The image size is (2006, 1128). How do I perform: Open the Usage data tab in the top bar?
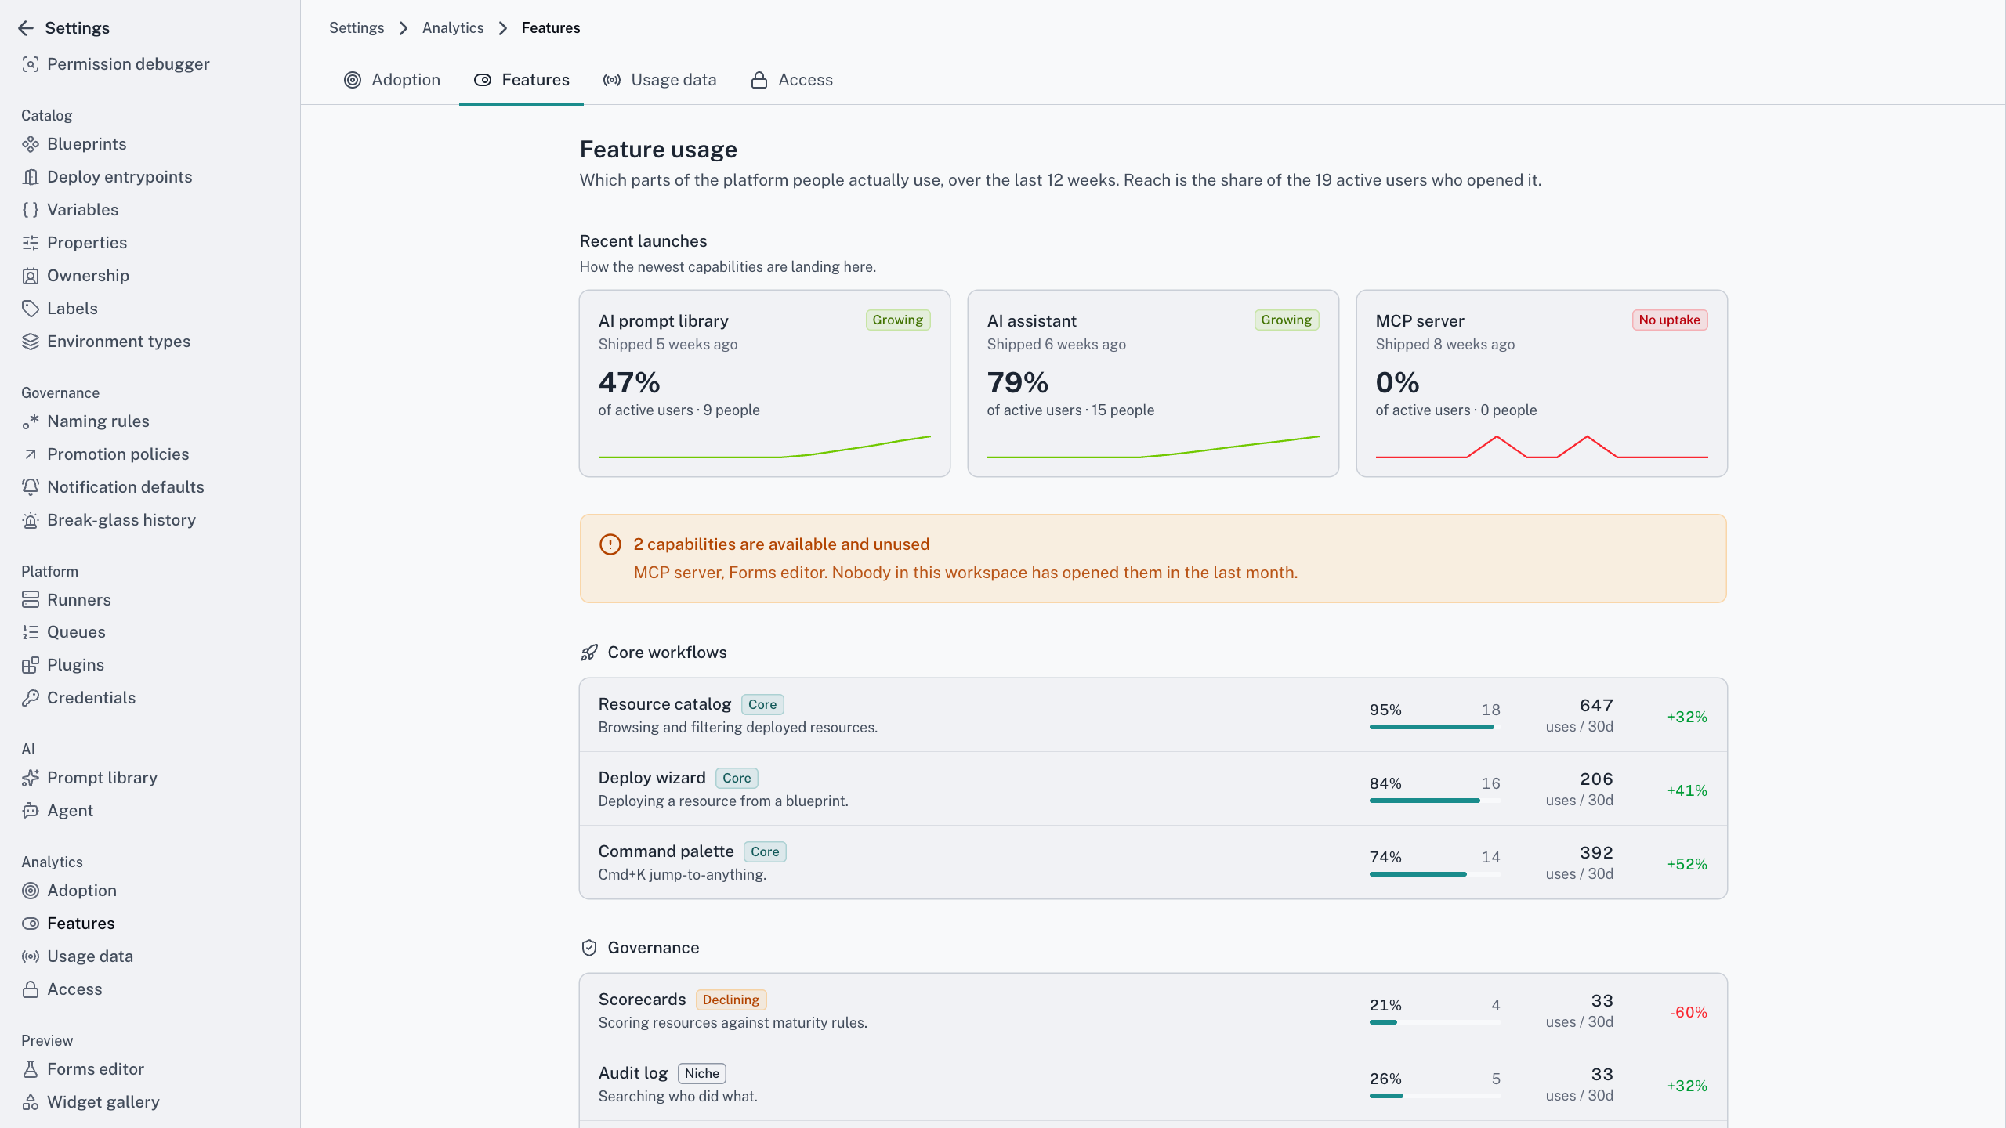659,80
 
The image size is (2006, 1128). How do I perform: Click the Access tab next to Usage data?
791,80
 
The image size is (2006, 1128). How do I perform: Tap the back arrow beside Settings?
26,28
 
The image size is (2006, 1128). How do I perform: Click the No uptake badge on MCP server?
1670,320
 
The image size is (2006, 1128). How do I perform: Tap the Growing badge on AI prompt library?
898,320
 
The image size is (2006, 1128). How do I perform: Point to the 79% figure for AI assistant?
1018,382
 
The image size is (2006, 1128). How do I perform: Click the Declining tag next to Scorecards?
731,1000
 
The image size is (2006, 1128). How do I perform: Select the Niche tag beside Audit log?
702,1073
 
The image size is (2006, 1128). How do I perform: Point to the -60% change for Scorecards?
1689,1012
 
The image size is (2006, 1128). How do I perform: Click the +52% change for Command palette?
1687,864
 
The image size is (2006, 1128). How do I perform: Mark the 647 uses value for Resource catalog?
1596,706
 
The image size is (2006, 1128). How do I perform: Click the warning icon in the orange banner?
610,544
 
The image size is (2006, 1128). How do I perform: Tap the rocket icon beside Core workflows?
589,653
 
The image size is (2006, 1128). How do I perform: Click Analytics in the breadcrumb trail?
453,28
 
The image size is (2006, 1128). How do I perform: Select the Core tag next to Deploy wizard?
737,778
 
